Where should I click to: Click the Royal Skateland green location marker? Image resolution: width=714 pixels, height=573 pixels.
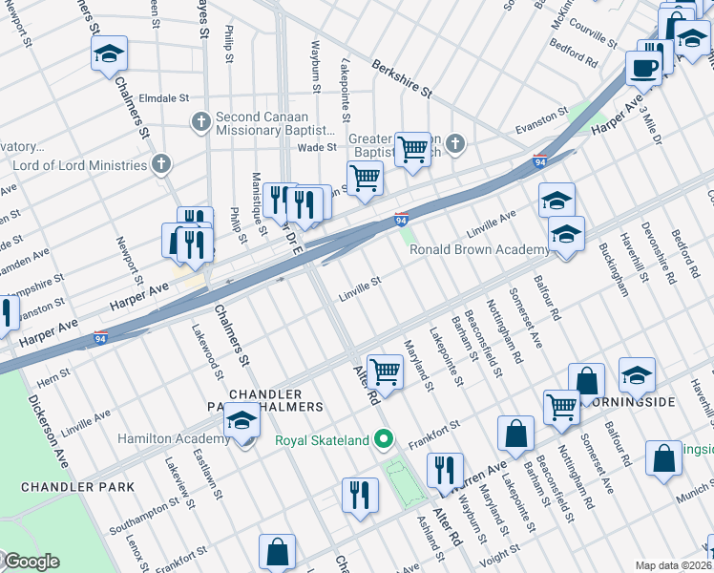pos(384,440)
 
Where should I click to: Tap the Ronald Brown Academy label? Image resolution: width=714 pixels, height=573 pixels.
pos(479,250)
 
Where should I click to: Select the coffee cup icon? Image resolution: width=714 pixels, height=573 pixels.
pos(644,68)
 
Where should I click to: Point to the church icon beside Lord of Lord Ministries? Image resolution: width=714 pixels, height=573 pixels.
pos(160,165)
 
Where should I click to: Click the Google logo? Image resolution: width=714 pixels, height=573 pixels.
pos(31,562)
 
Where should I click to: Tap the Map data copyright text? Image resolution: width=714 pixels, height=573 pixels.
pos(674,565)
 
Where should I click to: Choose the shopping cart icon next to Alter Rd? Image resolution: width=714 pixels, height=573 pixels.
pos(385,371)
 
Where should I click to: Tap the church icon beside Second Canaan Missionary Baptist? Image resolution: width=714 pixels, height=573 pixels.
pos(200,122)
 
